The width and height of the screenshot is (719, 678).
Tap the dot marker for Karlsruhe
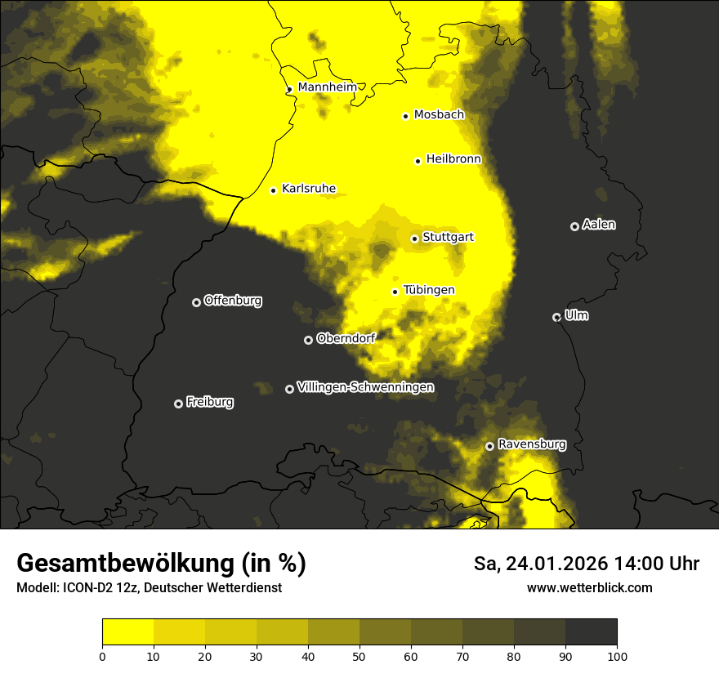274,190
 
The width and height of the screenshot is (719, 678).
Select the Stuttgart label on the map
448,237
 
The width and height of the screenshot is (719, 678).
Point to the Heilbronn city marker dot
418,161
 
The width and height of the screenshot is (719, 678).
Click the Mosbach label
439,115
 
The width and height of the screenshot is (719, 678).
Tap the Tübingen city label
429,290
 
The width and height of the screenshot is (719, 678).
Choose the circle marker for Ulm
556,317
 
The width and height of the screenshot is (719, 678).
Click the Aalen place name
599,225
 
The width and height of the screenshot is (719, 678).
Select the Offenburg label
233,301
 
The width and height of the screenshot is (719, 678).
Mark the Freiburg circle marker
178,404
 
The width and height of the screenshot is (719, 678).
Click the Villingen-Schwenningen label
365,387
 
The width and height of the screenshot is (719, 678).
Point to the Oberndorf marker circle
308,340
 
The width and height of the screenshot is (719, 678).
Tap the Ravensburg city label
532,444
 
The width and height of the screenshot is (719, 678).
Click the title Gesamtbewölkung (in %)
161,564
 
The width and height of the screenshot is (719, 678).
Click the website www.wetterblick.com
589,587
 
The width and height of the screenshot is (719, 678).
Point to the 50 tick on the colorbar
359,655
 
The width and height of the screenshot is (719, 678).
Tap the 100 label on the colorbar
617,655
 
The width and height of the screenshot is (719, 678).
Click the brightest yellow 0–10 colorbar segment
127,632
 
